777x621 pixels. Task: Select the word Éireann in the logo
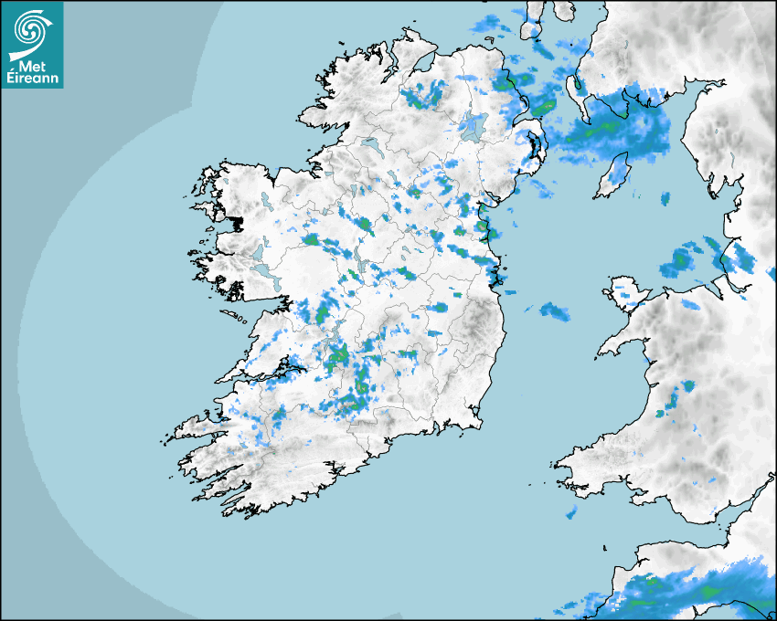click(34, 78)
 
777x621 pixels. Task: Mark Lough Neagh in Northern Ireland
click(473, 127)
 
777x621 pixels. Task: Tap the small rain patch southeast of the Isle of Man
click(665, 198)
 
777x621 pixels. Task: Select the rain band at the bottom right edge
click(676, 594)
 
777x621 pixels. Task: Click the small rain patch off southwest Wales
click(570, 513)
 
